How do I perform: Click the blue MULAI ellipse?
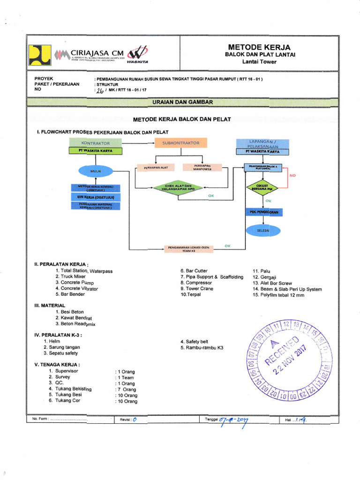(x=96, y=171)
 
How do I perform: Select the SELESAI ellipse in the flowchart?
(x=263, y=231)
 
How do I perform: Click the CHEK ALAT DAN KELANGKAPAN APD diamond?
(x=179, y=187)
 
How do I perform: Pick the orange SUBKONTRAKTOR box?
(x=181, y=143)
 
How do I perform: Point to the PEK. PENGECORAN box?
(x=263, y=212)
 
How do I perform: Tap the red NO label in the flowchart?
(x=293, y=175)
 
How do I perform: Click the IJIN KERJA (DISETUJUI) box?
(x=96, y=197)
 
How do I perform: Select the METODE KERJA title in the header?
(x=259, y=47)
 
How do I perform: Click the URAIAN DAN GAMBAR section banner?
(x=182, y=102)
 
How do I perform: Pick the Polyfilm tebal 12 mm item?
(x=278, y=295)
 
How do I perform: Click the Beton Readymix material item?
(x=75, y=324)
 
